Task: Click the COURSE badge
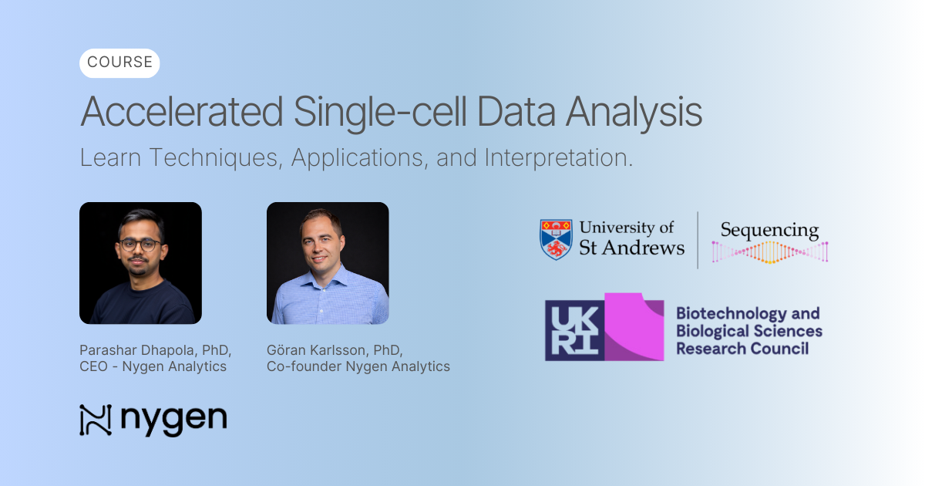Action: [x=119, y=63]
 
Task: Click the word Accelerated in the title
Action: [x=182, y=112]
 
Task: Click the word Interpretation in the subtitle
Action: [x=558, y=158]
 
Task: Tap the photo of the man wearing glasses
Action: [x=140, y=263]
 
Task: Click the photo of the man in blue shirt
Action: [x=328, y=263]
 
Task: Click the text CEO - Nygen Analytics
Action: [x=153, y=366]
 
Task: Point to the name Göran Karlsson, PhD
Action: [x=335, y=349]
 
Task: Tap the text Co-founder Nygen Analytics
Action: [x=358, y=366]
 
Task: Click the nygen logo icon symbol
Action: [x=96, y=420]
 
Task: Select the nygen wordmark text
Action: [x=173, y=420]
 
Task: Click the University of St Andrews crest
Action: [x=555, y=239]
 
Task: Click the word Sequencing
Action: [x=769, y=230]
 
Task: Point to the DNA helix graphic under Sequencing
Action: [x=769, y=252]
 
